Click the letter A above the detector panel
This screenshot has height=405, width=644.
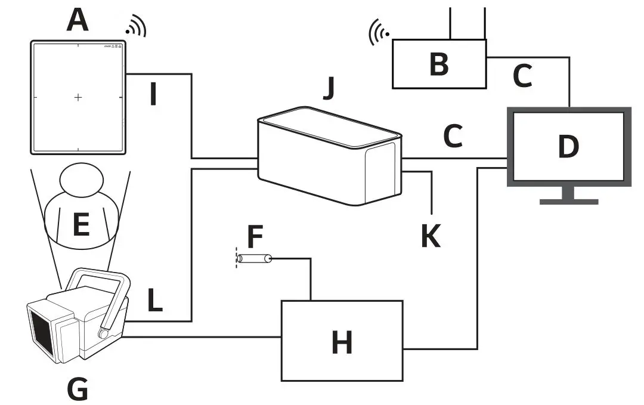pyautogui.click(x=78, y=20)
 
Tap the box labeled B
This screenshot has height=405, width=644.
pyautogui.click(x=439, y=64)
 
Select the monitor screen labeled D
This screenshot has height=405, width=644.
pyautogui.click(x=568, y=147)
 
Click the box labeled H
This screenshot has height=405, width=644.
pyautogui.click(x=342, y=341)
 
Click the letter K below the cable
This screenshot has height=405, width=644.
pyautogui.click(x=431, y=236)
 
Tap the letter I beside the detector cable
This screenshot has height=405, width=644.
pyautogui.click(x=153, y=94)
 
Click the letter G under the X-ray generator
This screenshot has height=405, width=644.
pyautogui.click(x=78, y=389)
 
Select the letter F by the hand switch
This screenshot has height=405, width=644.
pyautogui.click(x=255, y=237)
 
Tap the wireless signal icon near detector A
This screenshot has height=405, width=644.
pyautogui.click(x=137, y=26)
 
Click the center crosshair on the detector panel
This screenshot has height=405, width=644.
pyautogui.click(x=78, y=97)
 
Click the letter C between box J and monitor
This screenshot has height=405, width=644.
pyautogui.click(x=453, y=137)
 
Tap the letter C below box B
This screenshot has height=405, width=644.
pyautogui.click(x=522, y=76)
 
